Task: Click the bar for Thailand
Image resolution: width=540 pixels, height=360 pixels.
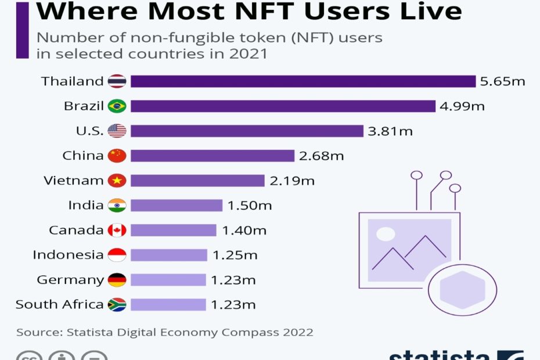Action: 303,81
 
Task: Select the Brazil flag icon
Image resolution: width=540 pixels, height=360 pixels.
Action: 117,106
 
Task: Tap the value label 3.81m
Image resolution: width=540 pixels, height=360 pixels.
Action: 390,131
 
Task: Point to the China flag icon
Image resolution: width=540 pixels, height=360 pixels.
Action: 117,156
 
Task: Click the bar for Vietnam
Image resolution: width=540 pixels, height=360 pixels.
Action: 197,181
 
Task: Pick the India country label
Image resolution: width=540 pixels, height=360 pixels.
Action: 85,206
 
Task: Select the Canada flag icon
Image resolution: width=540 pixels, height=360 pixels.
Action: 117,231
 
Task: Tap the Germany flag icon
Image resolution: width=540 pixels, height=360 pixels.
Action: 117,280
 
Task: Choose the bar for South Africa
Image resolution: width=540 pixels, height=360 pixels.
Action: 168,305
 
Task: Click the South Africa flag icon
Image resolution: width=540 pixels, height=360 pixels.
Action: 117,305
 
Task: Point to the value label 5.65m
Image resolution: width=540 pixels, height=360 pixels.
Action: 502,81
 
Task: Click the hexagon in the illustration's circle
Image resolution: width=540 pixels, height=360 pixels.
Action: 462,289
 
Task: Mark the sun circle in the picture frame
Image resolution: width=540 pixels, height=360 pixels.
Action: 385,234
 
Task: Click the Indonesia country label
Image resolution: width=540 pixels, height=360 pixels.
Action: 68,255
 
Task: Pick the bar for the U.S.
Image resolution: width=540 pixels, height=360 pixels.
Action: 247,131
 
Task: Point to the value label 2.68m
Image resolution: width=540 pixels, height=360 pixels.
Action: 322,156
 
